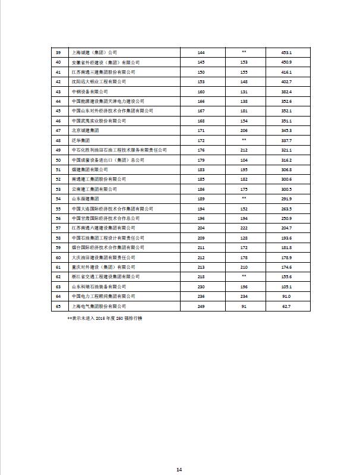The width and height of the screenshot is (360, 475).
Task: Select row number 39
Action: coord(58,52)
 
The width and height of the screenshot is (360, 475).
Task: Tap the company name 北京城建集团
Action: coord(84,130)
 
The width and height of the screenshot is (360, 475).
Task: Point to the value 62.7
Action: coord(286,306)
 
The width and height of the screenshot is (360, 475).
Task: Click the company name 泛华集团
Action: coord(80,140)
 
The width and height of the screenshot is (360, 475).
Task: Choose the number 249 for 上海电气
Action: coord(201,306)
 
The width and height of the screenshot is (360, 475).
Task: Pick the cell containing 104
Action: coord(244,160)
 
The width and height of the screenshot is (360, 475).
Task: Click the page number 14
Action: coord(179,470)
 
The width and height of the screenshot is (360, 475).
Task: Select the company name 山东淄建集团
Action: coord(84,199)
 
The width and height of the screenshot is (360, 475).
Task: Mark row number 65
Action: coord(58,306)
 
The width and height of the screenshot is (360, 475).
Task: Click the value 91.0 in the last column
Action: coord(286,295)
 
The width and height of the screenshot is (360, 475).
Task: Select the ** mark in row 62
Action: coord(244,276)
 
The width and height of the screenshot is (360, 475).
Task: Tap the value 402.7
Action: coord(286,81)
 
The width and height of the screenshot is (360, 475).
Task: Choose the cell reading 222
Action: coord(244,228)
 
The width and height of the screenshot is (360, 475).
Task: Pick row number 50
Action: coord(58,160)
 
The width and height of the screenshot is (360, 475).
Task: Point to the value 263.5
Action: coord(286,209)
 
